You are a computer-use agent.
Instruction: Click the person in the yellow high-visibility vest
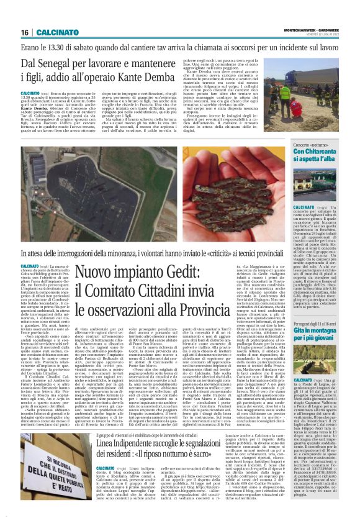pos(268,91)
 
